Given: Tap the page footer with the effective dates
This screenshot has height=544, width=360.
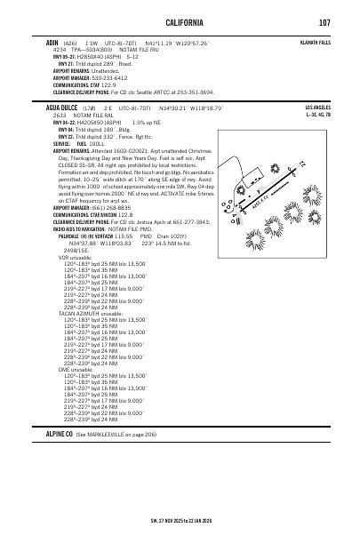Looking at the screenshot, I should (180, 521).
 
